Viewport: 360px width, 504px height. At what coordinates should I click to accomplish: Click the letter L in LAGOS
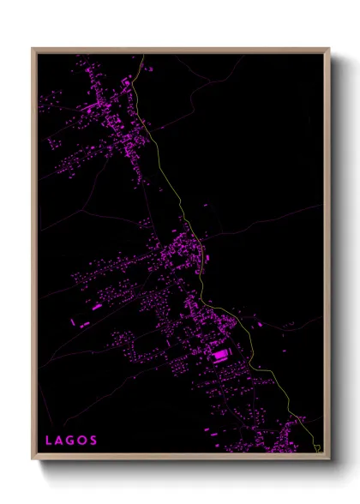point(49,441)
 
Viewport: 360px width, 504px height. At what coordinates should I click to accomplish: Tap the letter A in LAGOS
point(59,441)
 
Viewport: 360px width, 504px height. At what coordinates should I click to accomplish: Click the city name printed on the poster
point(71,441)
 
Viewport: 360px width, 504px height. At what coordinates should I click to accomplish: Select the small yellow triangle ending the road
point(317,447)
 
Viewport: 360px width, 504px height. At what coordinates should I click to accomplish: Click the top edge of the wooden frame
point(181,50)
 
